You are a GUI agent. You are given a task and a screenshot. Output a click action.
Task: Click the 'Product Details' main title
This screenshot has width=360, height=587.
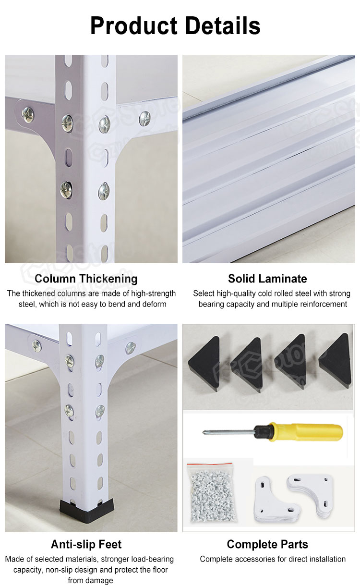(175, 26)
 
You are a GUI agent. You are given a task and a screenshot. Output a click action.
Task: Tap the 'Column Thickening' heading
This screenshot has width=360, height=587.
(86, 279)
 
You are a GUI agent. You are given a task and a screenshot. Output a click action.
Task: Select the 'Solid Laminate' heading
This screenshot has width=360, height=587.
(267, 279)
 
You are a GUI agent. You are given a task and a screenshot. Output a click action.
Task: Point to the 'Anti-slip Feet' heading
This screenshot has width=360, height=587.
(86, 544)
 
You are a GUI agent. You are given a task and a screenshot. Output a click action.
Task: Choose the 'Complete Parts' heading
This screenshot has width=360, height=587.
(267, 544)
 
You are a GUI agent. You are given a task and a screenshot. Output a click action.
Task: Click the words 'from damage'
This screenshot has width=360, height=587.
(90, 580)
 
